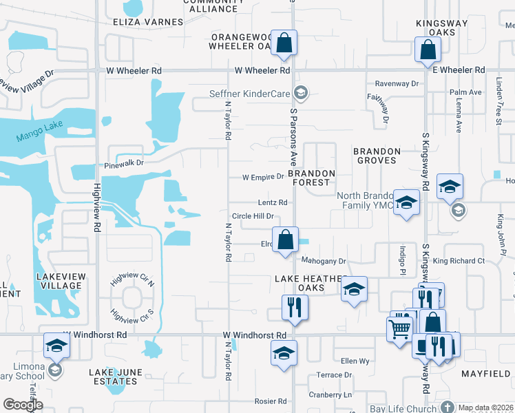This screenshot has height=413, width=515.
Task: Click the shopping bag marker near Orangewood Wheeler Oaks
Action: tap(284, 43)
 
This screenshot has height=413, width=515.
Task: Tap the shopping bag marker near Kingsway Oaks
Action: tap(428, 48)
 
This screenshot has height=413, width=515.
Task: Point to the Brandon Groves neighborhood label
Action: tap(376, 156)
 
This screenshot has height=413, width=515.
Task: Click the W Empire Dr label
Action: tap(263, 177)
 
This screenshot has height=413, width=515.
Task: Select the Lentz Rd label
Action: tap(273, 202)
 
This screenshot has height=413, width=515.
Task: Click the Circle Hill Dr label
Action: tap(253, 216)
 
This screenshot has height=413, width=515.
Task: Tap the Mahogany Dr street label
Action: tap(323, 261)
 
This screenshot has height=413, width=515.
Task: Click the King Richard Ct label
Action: tap(459, 261)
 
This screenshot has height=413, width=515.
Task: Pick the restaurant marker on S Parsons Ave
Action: tap(295, 306)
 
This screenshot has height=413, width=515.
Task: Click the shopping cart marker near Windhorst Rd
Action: tap(399, 329)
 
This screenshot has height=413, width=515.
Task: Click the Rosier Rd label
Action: tap(270, 401)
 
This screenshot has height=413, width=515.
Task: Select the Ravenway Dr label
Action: tap(397, 83)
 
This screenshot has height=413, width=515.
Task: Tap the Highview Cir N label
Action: tap(132, 282)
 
